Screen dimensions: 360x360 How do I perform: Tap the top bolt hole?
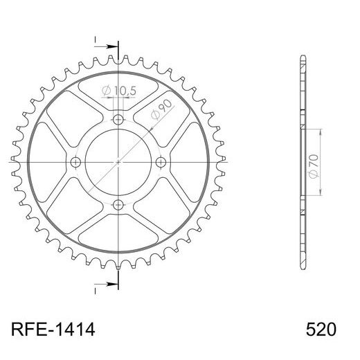pyautogui.click(x=118, y=120)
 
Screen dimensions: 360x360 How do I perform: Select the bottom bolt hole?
pyautogui.click(x=118, y=204)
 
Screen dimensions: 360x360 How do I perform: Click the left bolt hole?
pyautogui.click(x=76, y=163)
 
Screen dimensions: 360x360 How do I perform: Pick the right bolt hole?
pyautogui.click(x=161, y=163)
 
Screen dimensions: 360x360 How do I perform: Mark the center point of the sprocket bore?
pyautogui.click(x=118, y=163)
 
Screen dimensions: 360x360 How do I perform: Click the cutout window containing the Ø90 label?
pyautogui.click(x=163, y=114)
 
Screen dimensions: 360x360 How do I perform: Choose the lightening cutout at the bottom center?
pyautogui.click(x=118, y=232)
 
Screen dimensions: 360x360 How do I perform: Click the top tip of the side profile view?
pyautogui.click(x=302, y=56)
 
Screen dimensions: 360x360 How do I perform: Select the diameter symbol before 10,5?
pyautogui.click(x=106, y=91)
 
